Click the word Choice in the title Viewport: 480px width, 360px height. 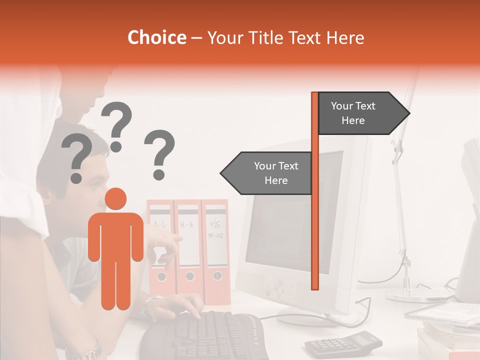tap(156, 38)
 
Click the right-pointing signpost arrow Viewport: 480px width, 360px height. tap(360, 113)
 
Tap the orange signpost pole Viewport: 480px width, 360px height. tap(315, 225)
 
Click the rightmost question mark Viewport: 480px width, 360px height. tap(160, 154)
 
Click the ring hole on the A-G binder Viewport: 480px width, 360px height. tap(161, 276)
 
